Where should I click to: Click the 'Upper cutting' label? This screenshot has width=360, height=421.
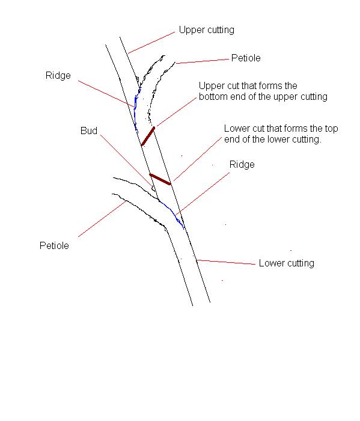206,30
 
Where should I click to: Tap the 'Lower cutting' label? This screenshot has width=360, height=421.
286,263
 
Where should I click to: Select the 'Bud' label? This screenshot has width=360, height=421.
89,131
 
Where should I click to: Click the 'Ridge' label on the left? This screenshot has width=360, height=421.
58,75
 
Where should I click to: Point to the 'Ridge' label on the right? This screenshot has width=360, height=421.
242,164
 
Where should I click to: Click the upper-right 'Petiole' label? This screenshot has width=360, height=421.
246,58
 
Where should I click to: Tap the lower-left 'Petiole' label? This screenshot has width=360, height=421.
54,245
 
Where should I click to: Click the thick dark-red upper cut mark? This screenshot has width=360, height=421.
148,137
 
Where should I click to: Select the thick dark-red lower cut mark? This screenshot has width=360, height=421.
160,179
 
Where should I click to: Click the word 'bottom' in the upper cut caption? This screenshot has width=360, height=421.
213,96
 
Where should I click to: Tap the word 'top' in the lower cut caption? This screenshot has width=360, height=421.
331,129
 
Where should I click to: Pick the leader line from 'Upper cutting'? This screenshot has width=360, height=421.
151,43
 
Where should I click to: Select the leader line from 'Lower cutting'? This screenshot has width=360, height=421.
226,262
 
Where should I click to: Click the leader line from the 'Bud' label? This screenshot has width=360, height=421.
126,160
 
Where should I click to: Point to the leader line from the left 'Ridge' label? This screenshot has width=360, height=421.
106,93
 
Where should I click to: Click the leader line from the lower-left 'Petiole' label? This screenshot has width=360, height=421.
102,219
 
